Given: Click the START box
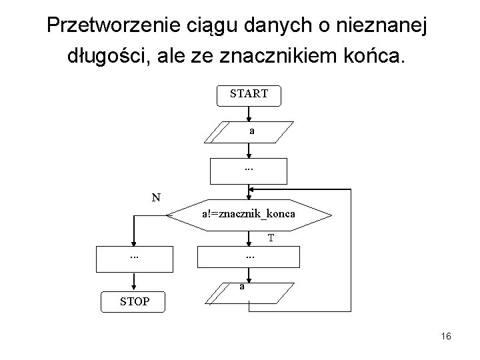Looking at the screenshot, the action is (x=249, y=95).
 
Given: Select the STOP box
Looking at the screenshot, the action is (x=134, y=302).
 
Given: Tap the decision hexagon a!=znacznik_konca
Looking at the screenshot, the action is (x=249, y=215).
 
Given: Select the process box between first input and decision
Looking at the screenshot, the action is (x=249, y=171).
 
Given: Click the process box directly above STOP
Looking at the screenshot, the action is (x=134, y=258).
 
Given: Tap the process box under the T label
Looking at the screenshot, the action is (x=249, y=258).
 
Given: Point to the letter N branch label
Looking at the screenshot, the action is (x=155, y=197).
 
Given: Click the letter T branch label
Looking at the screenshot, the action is (x=271, y=237).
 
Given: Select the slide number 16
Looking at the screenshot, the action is (x=446, y=337).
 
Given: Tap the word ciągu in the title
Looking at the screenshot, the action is (x=221, y=26).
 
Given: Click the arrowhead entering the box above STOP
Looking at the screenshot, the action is (x=134, y=244).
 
